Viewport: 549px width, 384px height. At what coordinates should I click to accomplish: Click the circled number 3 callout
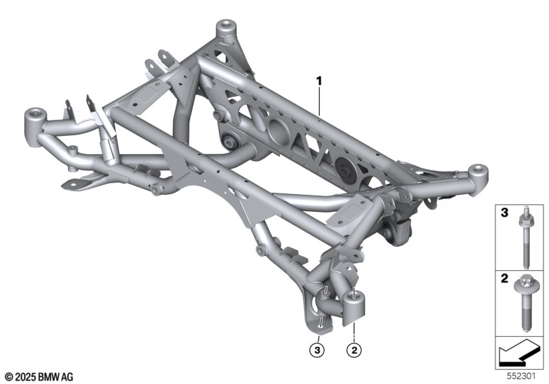tap(317, 350)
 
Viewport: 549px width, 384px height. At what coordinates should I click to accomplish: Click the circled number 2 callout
tap(354, 350)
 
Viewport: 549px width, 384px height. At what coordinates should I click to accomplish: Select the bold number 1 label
tap(319, 82)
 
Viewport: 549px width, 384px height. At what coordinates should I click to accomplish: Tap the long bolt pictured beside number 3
tap(525, 238)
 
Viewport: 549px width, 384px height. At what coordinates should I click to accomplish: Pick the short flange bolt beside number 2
tap(524, 303)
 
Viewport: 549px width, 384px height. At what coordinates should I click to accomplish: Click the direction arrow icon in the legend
tap(519, 352)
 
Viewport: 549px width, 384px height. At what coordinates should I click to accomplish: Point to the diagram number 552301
tap(522, 376)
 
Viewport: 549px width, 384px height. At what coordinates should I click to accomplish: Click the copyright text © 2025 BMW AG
tap(39, 377)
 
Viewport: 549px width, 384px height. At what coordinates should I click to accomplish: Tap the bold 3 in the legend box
tap(504, 213)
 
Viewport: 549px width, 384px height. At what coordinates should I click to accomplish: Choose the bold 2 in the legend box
tap(504, 278)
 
